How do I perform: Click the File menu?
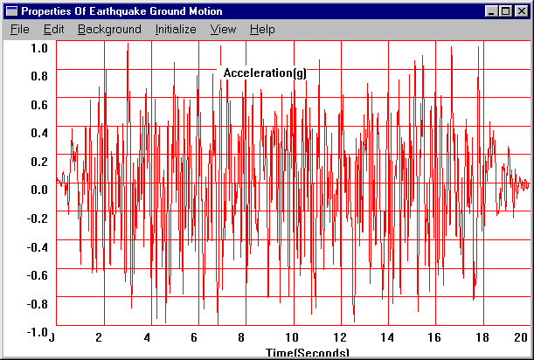point(20,29)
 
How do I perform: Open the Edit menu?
point(54,29)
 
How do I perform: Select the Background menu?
point(109,29)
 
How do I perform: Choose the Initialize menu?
point(176,29)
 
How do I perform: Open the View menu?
point(224,29)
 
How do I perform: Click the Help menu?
point(262,29)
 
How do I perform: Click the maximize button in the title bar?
point(505,11)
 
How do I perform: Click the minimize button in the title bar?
point(491,11)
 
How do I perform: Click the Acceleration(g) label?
point(265,73)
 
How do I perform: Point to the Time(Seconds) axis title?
point(308,353)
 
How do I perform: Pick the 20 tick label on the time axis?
point(521,338)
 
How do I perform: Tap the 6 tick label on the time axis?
point(195,338)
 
